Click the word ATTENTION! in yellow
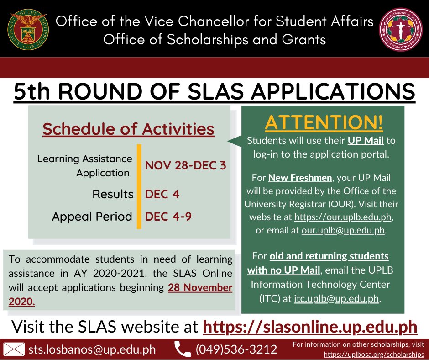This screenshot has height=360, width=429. click(x=324, y=122)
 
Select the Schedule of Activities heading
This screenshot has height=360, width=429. click(x=128, y=129)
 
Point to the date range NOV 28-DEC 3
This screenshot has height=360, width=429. click(x=185, y=165)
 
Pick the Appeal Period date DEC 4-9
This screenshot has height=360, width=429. click(x=168, y=216)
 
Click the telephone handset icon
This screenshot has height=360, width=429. click(x=182, y=349)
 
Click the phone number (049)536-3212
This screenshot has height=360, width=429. click(x=236, y=349)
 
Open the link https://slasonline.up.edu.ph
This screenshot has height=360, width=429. click(x=309, y=327)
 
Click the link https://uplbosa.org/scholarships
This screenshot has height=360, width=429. click(x=374, y=354)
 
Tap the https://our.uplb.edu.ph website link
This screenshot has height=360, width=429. click(x=343, y=217)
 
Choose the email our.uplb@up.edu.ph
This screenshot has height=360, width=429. click(x=343, y=231)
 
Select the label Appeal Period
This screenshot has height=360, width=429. click(x=92, y=216)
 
